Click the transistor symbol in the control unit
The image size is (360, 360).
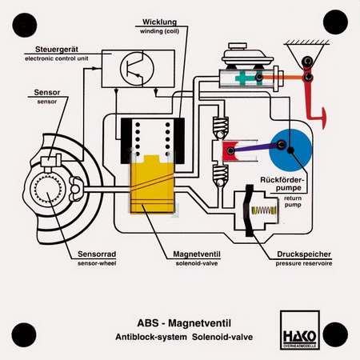point(137,69)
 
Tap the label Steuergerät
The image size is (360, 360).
point(57,50)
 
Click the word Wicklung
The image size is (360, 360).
point(159,22)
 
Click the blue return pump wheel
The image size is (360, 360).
point(290,150)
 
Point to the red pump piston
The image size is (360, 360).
point(229,151)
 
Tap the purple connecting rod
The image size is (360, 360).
point(255,148)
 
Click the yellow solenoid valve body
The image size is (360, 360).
point(152,184)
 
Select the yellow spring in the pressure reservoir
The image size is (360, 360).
point(264,210)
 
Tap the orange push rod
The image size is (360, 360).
point(283,78)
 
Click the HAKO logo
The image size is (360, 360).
point(300,330)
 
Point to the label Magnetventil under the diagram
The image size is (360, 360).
point(197,254)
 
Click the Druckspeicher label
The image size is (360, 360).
point(304,254)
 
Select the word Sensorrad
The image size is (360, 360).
point(97,254)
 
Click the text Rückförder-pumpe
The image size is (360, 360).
point(282,184)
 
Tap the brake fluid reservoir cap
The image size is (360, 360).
point(238,46)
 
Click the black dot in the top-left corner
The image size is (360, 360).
point(24,25)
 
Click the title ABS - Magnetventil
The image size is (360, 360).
point(184,323)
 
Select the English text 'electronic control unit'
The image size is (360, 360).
point(57,58)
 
